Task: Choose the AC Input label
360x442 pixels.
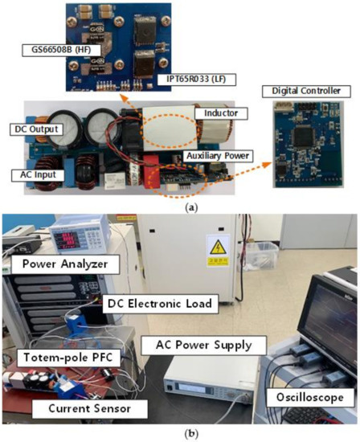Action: (x=37, y=174)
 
